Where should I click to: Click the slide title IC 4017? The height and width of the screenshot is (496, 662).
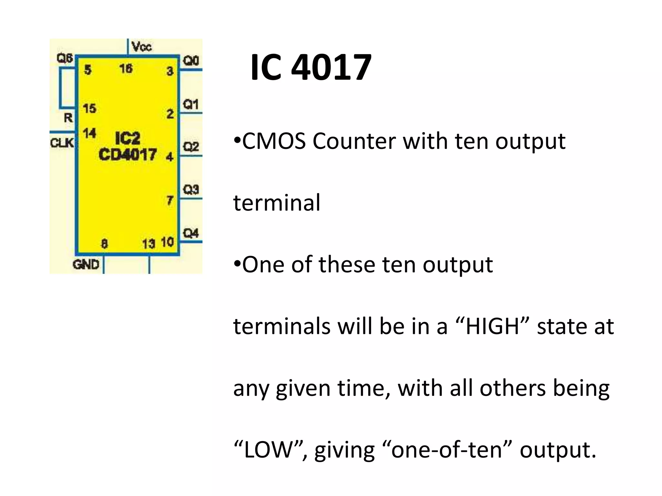coord(311,68)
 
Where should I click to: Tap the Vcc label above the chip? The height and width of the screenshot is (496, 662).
coord(142,47)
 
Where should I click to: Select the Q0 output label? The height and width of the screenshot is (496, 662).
coord(191,61)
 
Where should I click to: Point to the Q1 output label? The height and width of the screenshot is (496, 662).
coord(191,104)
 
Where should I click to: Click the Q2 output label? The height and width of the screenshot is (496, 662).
coord(191,147)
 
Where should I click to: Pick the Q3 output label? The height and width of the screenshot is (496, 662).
coord(191,190)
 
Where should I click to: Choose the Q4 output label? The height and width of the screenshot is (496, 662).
coord(191,233)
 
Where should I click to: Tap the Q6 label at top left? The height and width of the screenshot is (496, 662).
coord(65,58)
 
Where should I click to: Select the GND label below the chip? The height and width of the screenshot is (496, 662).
coord(86,265)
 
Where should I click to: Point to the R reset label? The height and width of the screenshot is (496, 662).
coord(68,118)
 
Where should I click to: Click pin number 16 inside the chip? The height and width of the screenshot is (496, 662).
coord(126,68)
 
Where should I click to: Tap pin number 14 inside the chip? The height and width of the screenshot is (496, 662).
coord(89,133)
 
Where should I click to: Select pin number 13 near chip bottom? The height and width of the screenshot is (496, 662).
coord(149,244)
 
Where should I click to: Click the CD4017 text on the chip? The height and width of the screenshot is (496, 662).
coord(128,155)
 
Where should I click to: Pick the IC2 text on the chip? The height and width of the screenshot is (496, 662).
coord(128,139)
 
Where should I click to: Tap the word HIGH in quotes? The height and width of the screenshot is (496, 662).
coord(493,326)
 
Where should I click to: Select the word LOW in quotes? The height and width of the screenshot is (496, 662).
coord(268,450)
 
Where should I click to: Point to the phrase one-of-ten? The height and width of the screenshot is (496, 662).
coord(446,450)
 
